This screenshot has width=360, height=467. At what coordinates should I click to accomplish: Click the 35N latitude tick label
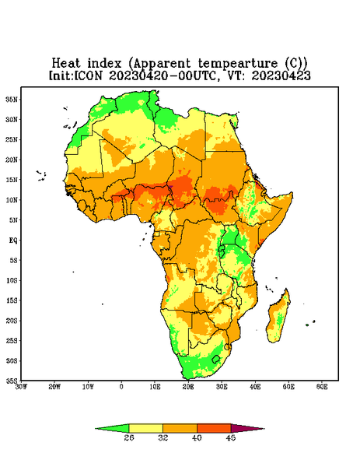pos(12,100)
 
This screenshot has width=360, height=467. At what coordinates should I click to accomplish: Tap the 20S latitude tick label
pos(12,321)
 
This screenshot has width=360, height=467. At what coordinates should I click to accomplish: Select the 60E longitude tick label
pos(322,387)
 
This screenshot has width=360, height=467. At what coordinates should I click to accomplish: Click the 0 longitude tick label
pos(121,387)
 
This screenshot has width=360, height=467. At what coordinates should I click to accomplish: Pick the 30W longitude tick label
pos(21,387)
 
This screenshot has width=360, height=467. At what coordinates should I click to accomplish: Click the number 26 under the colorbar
pos(129,437)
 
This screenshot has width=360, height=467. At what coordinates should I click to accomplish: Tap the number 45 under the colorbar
pos(231,437)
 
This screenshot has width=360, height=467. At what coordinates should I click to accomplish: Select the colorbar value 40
pos(197,437)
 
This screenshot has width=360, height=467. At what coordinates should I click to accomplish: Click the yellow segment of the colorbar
pos(145,428)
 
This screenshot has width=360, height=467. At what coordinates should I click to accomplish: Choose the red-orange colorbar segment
pos(214,428)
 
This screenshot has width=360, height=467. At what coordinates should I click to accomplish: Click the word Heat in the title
pos(66,63)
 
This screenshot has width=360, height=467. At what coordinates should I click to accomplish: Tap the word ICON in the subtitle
pos(88,75)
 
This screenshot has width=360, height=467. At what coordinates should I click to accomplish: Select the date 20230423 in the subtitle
pos(281,75)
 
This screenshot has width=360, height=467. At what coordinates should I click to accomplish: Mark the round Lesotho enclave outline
pos(216,359)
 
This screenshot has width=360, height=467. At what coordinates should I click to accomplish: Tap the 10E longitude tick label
pos(155,387)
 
